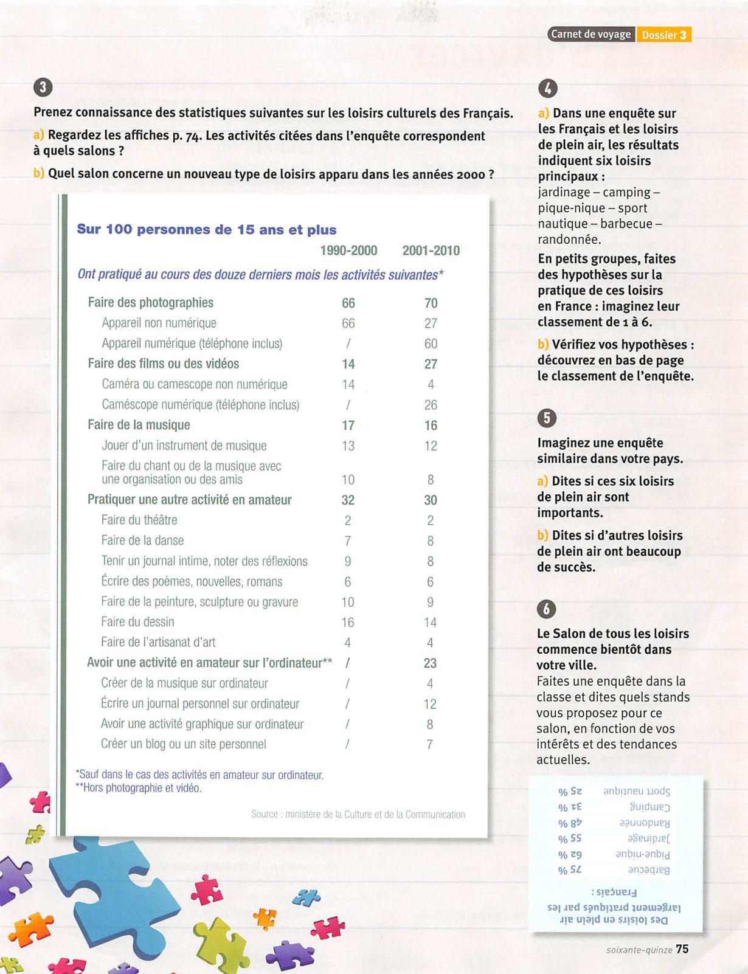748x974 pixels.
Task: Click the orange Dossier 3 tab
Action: click(663, 35)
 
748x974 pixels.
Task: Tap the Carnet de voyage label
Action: click(590, 35)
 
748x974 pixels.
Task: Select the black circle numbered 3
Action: click(43, 88)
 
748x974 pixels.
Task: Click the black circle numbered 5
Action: click(547, 418)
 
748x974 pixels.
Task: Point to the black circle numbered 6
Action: click(547, 609)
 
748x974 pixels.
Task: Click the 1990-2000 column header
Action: click(348, 250)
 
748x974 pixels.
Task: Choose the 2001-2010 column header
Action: click(431, 250)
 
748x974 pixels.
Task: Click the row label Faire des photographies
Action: click(150, 303)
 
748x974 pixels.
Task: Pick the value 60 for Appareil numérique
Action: click(431, 344)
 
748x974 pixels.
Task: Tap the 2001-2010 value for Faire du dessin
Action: click(431, 622)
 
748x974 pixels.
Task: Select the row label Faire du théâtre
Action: click(139, 520)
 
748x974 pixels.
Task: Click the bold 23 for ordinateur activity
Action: click(430, 663)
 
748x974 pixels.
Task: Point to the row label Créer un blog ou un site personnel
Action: click(183, 744)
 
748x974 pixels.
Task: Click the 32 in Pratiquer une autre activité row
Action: click(348, 500)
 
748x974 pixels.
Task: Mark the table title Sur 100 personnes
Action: click(206, 230)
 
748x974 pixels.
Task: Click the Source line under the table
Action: click(358, 814)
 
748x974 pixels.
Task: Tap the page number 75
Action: click(682, 949)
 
